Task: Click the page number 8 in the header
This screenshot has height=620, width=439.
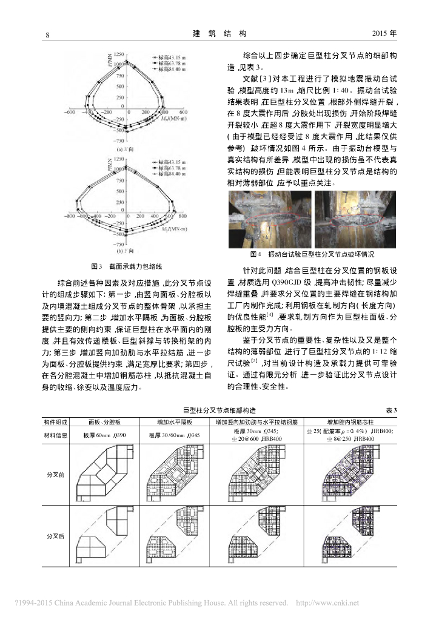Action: [x=47, y=34]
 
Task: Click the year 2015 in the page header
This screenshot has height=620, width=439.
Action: [x=381, y=34]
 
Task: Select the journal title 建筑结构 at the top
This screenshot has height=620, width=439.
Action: [x=219, y=34]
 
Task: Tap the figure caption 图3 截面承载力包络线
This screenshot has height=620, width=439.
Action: [x=127, y=266]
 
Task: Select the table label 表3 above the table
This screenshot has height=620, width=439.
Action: [x=390, y=411]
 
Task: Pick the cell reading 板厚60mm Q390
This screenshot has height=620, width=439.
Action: [x=107, y=435]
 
